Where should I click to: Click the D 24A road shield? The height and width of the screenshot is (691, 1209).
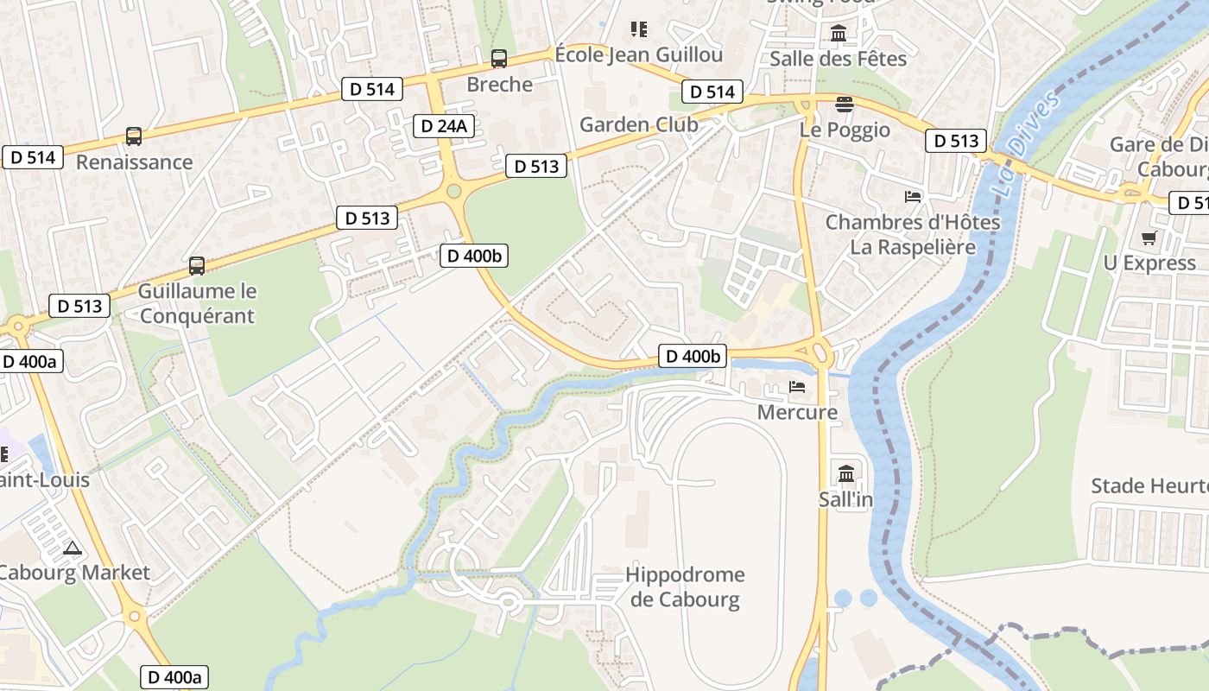pos(444,126)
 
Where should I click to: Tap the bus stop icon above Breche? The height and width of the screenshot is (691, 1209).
pos(499,59)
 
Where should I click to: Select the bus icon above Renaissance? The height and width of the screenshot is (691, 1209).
pos(134,136)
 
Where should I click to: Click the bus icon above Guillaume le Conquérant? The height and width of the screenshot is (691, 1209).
pos(197,266)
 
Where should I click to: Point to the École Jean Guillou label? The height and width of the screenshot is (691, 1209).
pos(639,55)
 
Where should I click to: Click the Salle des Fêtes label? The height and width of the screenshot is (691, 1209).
pos(838,59)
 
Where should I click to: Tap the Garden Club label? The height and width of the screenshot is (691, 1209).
pos(638,124)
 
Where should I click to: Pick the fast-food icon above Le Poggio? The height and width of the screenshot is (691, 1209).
pos(845,105)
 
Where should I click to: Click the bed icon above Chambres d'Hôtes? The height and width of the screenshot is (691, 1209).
pos(913,197)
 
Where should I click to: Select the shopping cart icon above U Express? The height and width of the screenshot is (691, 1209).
pos(1149,238)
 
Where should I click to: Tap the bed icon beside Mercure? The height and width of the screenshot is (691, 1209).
pos(797,387)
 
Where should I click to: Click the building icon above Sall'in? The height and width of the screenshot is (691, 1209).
pos(845,473)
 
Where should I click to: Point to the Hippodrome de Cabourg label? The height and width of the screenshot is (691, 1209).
pos(685,587)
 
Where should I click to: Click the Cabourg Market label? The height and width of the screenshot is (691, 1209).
pos(74,572)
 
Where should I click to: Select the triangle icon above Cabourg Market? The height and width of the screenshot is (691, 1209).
pos(73,548)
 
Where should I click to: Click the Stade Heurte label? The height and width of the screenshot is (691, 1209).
pos(1149,485)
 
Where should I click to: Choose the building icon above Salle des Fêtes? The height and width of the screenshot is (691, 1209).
pos(838,34)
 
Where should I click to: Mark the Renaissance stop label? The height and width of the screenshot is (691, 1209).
pos(134,162)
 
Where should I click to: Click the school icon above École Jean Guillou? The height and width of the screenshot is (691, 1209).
pos(639,29)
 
